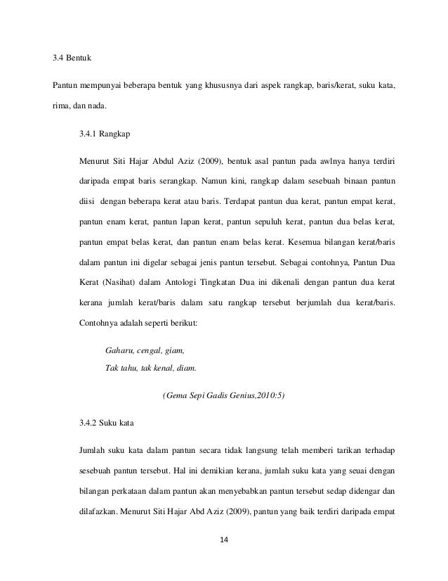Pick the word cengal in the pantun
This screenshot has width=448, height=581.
pyautogui.click(x=148, y=350)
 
